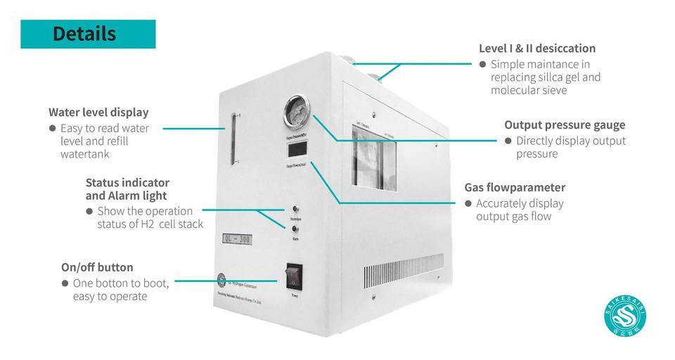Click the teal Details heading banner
click(x=88, y=34)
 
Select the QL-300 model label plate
click(x=237, y=239)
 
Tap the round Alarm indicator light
click(x=295, y=229)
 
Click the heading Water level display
click(x=98, y=112)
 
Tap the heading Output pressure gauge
click(x=565, y=125)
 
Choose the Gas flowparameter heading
click(x=515, y=188)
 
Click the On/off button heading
click(x=97, y=267)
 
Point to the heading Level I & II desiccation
click(x=537, y=49)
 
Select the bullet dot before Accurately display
click(x=468, y=204)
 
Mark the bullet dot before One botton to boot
click(x=65, y=283)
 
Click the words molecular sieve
click(x=529, y=91)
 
